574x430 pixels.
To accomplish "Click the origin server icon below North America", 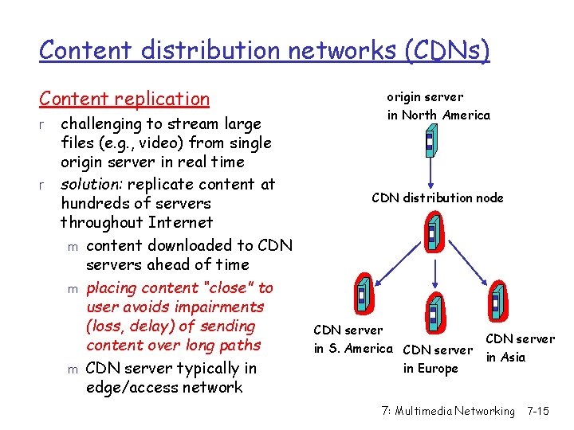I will click(429, 143).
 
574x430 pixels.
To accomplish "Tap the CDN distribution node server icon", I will click(433, 234).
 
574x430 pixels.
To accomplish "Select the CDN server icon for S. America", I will click(363, 295).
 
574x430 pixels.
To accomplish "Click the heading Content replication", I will click(124, 99).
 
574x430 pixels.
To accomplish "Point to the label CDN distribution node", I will click(438, 197).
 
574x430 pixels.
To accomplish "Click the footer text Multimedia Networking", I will click(458, 411).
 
